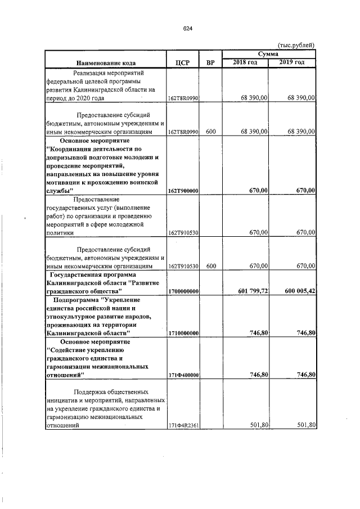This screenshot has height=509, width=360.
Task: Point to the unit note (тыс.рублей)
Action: (296, 46)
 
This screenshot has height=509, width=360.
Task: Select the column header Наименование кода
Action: (104, 62)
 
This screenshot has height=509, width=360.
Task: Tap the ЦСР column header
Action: (182, 62)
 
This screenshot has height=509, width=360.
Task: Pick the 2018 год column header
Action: (246, 62)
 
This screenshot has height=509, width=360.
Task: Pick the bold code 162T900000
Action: (183, 191)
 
